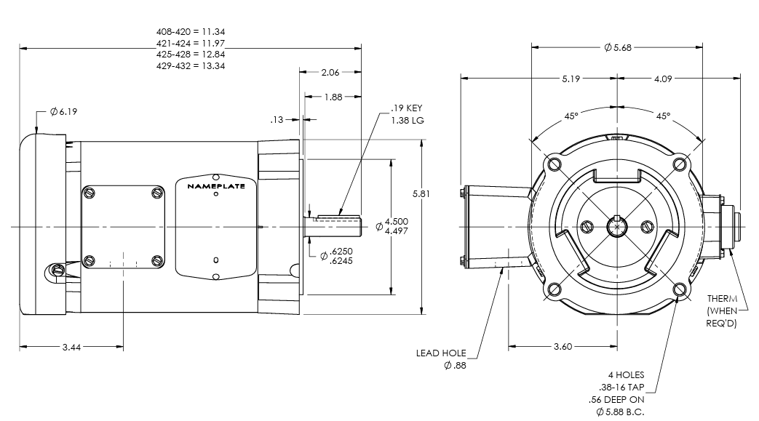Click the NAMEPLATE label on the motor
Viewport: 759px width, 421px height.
216,186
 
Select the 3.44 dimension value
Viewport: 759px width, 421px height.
71,348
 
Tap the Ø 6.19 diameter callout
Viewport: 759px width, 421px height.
63,112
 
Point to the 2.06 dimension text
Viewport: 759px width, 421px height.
331,73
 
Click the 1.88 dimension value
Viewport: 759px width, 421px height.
333,97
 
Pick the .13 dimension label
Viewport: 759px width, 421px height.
276,119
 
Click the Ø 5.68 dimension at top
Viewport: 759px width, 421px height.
618,48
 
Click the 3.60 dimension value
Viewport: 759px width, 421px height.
563,347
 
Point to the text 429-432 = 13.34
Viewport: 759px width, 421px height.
191,65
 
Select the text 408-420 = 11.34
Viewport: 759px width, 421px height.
191,32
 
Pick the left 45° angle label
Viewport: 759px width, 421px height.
571,116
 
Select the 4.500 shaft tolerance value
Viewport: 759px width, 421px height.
396,221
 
